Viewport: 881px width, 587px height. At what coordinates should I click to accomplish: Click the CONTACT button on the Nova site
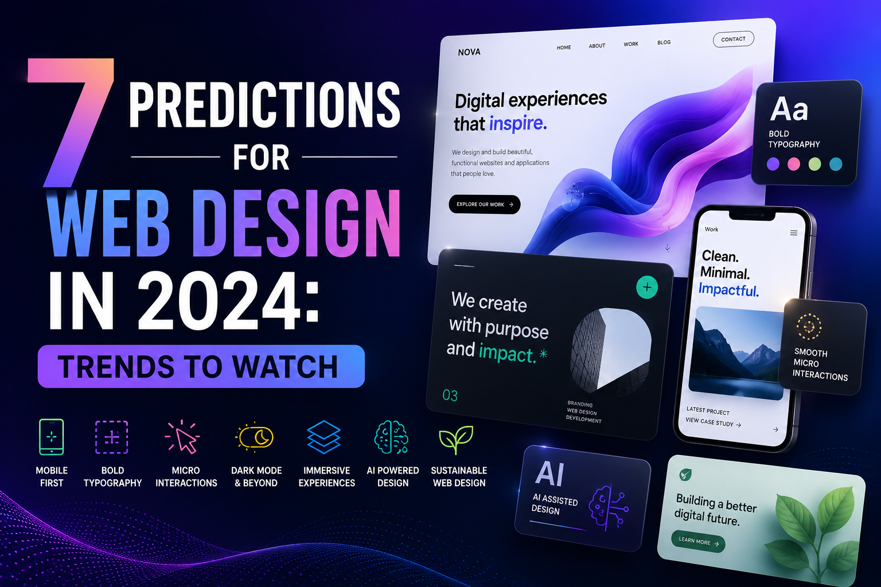click(734, 39)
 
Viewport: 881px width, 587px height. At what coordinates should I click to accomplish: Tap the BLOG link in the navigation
click(664, 42)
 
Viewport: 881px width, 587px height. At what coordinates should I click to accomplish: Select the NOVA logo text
click(469, 52)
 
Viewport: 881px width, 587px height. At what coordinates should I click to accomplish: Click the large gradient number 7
click(71, 122)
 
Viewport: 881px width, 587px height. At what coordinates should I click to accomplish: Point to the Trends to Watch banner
click(201, 366)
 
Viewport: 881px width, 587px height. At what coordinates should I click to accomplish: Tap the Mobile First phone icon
click(52, 437)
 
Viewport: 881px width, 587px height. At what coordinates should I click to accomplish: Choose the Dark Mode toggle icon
click(255, 436)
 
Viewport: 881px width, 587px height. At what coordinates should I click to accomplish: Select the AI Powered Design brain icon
click(391, 437)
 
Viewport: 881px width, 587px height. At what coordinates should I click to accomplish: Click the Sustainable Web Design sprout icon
click(456, 439)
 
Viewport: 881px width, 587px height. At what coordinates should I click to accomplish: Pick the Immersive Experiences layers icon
click(323, 437)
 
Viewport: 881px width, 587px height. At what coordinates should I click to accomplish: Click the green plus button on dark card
click(647, 287)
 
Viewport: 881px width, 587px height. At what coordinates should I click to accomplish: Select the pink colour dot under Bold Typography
click(794, 164)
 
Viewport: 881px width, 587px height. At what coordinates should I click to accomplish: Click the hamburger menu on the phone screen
click(794, 233)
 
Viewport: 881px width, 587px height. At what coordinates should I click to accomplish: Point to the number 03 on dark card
click(450, 395)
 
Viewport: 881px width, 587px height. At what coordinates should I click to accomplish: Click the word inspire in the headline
click(518, 123)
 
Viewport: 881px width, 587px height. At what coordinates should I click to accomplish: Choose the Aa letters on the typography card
click(789, 109)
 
